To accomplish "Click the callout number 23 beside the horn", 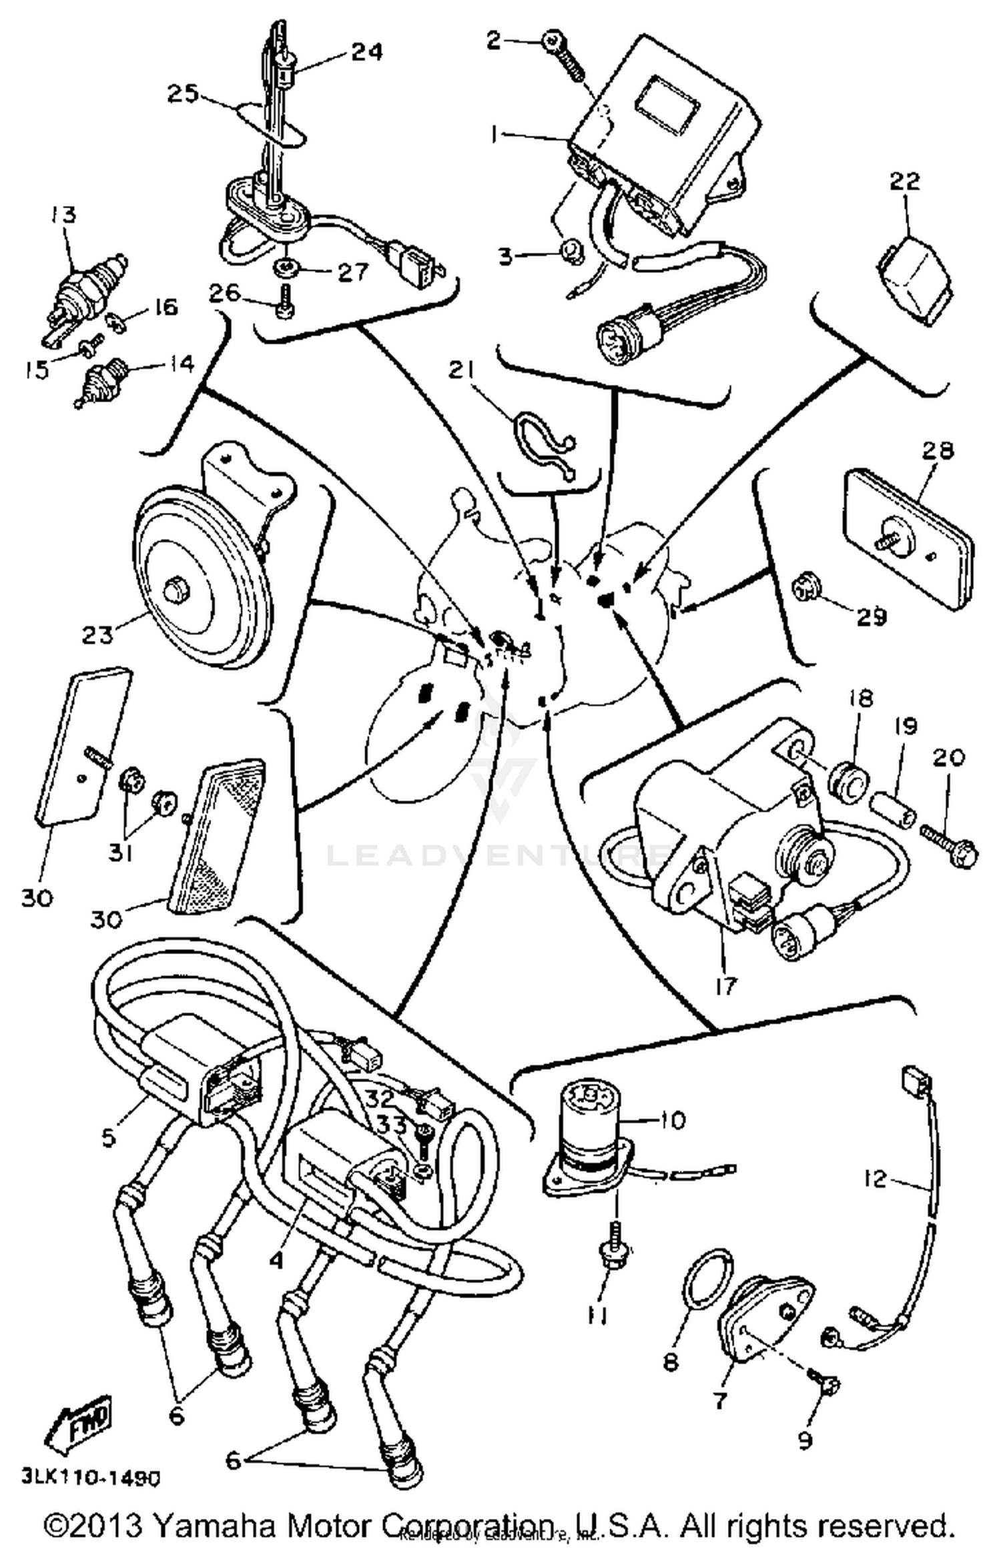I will click(97, 634).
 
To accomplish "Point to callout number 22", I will click(904, 181).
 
